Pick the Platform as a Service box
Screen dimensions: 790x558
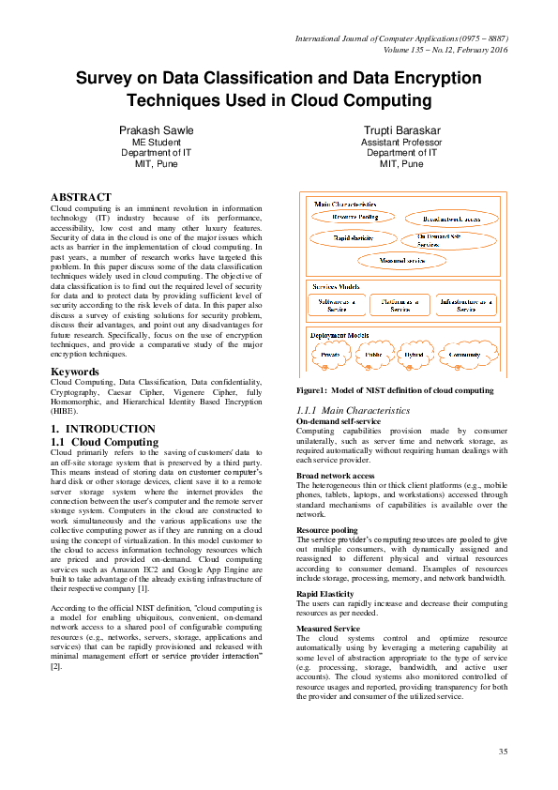[x=400, y=305]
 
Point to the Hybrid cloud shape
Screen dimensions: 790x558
[x=414, y=356]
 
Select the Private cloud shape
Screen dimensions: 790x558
[x=330, y=356]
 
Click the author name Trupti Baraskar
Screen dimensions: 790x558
[x=400, y=130]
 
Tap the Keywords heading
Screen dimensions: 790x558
[x=75, y=372]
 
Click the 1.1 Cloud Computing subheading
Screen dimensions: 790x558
[x=104, y=441]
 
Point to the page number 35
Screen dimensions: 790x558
[x=502, y=752]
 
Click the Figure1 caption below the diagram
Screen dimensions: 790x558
[x=394, y=389]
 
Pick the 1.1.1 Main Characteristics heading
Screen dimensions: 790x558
[x=353, y=411]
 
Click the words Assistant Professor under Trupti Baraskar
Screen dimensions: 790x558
[x=400, y=142]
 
